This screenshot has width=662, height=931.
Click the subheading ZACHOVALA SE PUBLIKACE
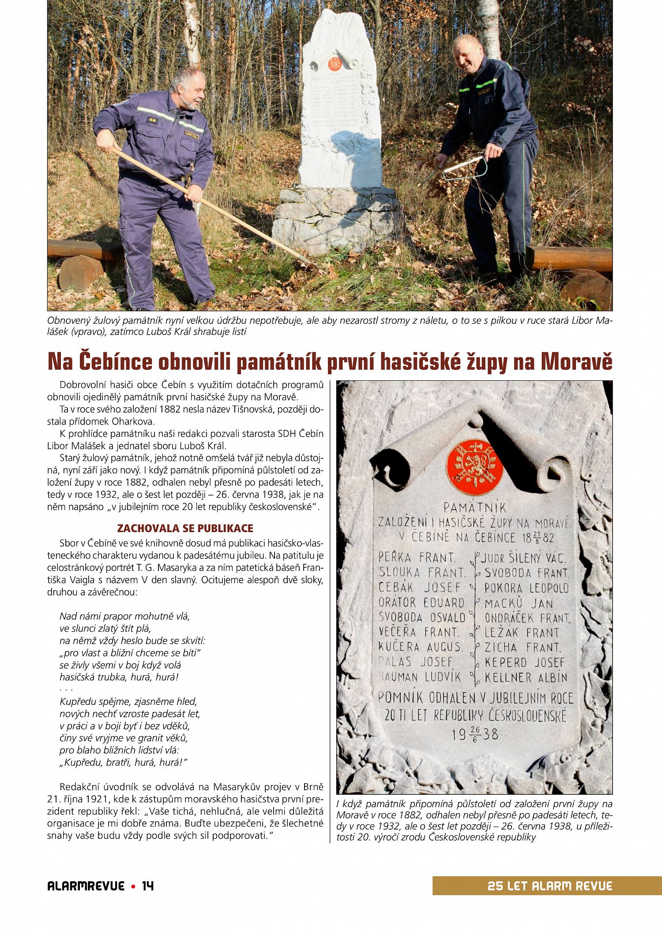point(185,529)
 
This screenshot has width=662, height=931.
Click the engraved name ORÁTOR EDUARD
point(421,603)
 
